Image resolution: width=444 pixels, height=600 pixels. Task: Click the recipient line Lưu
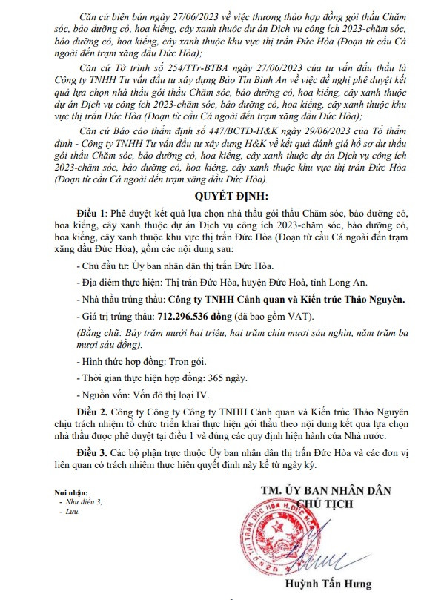(x=73, y=512)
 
